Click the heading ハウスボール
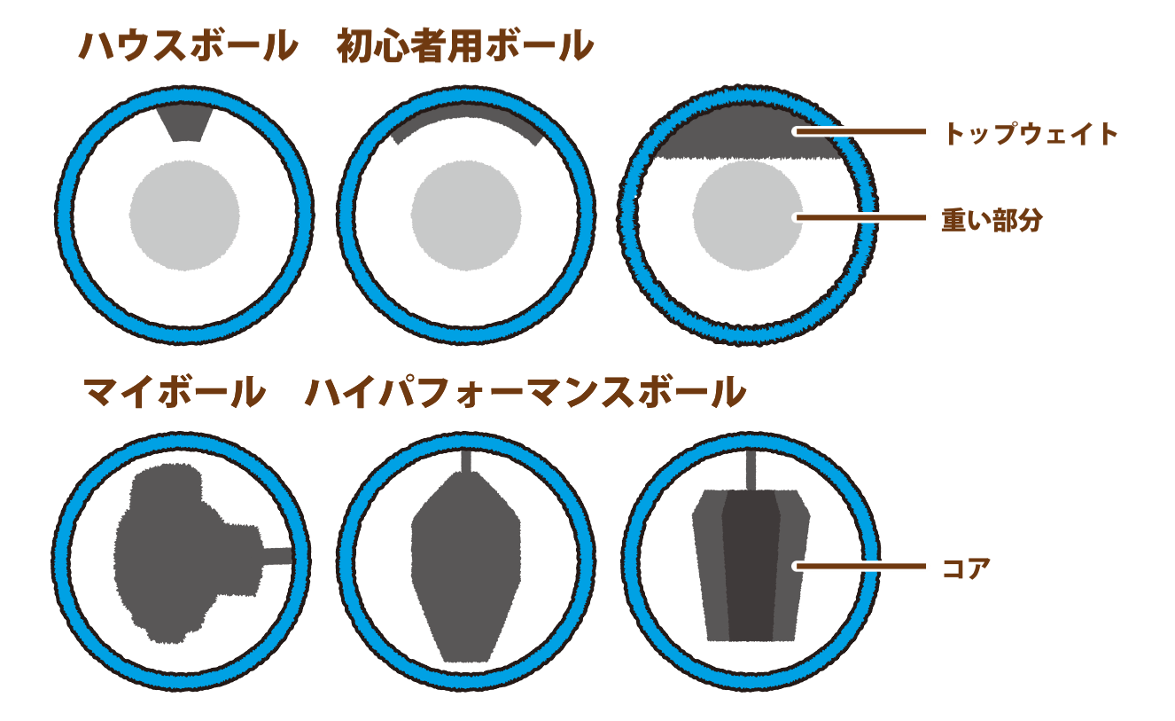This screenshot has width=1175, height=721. tap(189, 46)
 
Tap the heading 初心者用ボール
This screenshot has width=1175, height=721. tap(465, 46)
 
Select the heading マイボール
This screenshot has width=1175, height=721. tap(175, 392)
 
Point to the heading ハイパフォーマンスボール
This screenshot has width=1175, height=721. tap(525, 392)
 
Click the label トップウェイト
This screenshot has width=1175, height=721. tap(1031, 133)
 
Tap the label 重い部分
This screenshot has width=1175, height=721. tap(992, 220)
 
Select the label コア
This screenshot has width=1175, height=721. tap(966, 568)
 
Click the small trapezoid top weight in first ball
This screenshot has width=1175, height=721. tap(185, 123)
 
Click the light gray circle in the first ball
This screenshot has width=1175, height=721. tap(184, 216)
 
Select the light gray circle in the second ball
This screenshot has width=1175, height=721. tap(466, 216)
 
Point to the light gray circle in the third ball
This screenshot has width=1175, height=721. tap(748, 216)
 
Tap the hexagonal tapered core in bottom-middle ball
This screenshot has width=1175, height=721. tap(466, 568)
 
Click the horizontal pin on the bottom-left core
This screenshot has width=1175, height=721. tap(277, 556)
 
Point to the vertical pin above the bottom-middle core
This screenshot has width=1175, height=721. tap(466, 461)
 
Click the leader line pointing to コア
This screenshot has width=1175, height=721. tap(860, 566)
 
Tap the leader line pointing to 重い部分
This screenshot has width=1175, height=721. tap(860, 217)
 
